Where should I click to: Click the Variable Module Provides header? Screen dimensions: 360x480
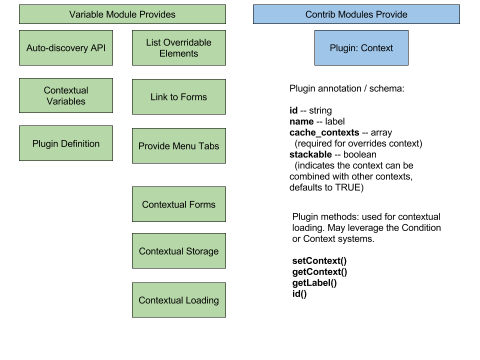122,14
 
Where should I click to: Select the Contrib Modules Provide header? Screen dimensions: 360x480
356,14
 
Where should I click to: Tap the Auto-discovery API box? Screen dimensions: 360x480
66,48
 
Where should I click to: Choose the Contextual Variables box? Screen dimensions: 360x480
66,95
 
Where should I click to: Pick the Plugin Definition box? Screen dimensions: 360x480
66,143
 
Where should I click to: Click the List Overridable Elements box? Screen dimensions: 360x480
178,48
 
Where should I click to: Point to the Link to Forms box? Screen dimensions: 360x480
178,97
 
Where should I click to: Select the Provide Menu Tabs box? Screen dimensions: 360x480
178,146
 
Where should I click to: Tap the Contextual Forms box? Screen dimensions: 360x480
178,204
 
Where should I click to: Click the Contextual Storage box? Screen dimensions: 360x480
178,251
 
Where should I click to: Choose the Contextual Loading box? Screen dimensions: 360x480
178,300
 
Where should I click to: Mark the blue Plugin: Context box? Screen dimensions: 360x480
361,48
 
